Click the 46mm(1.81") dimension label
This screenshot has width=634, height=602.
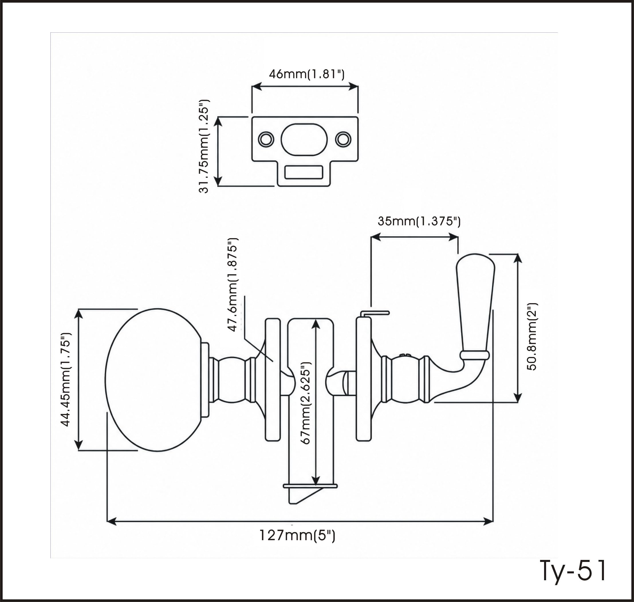pyautogui.click(x=307, y=74)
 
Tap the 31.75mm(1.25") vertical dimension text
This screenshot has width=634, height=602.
pyautogui.click(x=204, y=146)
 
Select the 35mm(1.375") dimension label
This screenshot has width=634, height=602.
pyautogui.click(x=419, y=221)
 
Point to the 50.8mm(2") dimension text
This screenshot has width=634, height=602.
pyautogui.click(x=532, y=337)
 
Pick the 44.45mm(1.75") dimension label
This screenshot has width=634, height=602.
pyautogui.click(x=66, y=380)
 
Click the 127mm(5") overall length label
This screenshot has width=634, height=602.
pyautogui.click(x=297, y=536)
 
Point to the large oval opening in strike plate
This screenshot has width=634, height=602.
pyautogui.click(x=304, y=139)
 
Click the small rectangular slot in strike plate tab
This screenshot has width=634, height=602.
pyautogui.click(x=303, y=172)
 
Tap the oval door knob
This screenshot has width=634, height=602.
pyautogui.click(x=153, y=380)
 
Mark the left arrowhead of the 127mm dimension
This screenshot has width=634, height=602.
pyautogui.click(x=111, y=522)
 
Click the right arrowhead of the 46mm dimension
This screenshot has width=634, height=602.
pyautogui.click(x=353, y=86)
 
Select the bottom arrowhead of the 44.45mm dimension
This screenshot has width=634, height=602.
pyautogui.click(x=78, y=445)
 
